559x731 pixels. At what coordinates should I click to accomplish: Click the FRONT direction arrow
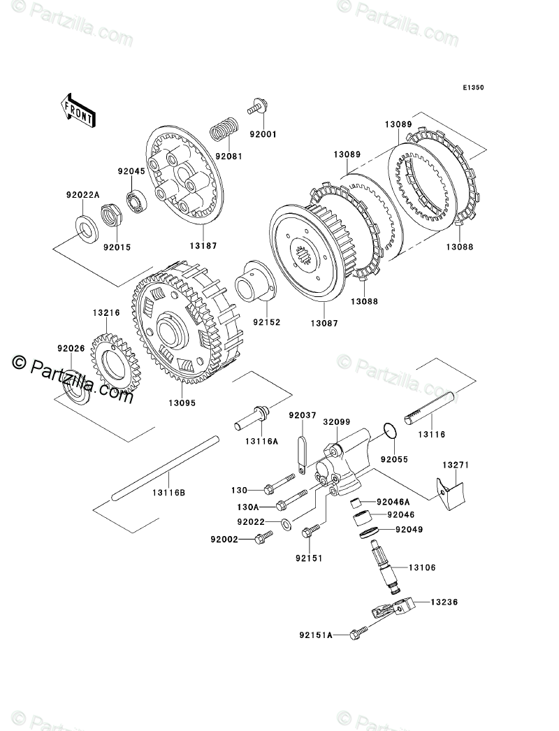pyautogui.click(x=78, y=110)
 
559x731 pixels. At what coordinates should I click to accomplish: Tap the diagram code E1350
pyautogui.click(x=472, y=89)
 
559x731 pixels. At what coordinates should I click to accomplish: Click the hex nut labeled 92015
pyautogui.click(x=110, y=212)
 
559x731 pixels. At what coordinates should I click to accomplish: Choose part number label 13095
pyautogui.click(x=182, y=403)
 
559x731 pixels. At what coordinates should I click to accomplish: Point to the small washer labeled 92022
pyautogui.click(x=287, y=523)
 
